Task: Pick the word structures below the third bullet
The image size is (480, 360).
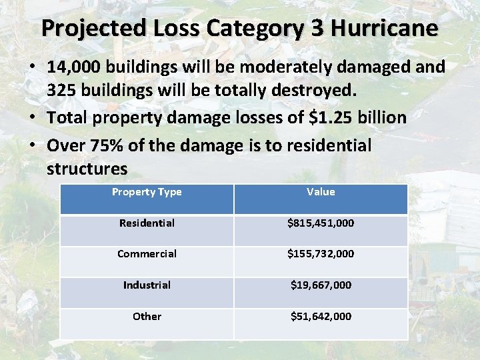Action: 87,168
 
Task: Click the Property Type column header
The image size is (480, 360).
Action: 147,192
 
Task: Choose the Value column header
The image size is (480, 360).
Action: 321,192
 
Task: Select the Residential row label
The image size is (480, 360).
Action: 147,223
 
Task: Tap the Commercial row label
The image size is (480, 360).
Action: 147,254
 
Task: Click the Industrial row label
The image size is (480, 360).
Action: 147,285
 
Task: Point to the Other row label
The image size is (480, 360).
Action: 147,317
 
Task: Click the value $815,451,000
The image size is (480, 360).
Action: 321,223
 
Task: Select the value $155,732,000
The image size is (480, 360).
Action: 321,254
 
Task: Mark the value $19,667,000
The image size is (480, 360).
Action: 321,285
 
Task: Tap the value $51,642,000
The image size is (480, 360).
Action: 321,317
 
